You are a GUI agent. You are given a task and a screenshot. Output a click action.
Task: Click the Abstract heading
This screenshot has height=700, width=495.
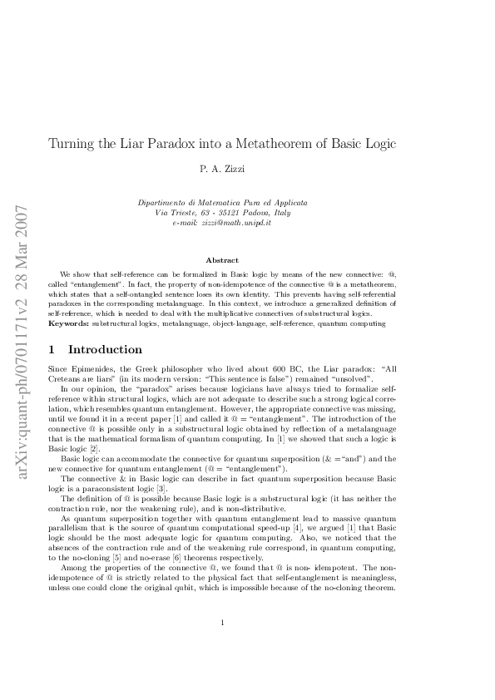222,260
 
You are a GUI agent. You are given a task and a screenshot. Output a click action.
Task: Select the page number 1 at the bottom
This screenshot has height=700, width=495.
222,646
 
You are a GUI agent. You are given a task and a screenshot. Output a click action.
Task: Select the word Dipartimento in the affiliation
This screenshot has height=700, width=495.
161,203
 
